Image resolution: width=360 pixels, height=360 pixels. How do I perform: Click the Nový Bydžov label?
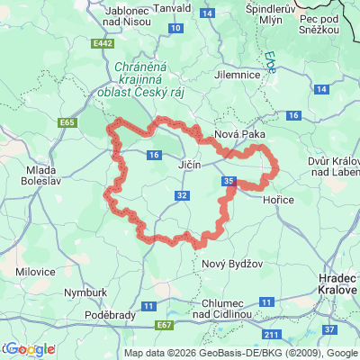click(x=225, y=263)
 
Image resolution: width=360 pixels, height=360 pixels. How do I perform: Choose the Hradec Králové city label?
click(x=338, y=285)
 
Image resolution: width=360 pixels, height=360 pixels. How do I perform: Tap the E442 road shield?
click(x=103, y=42)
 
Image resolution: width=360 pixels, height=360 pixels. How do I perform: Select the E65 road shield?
click(x=64, y=121)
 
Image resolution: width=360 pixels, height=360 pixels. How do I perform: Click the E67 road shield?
click(x=164, y=324)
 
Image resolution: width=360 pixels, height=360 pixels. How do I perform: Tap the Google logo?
click(x=29, y=349)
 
